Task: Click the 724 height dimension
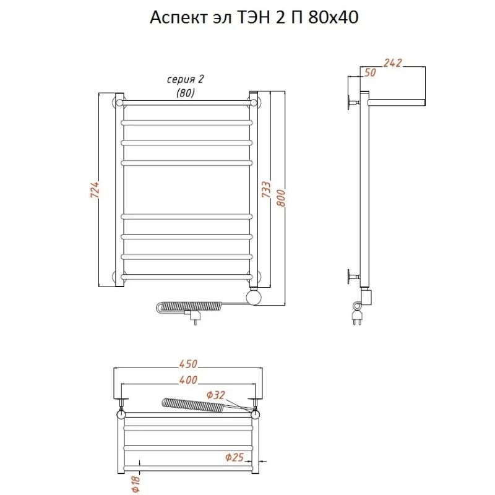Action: (x=95, y=190)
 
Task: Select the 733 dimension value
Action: (x=267, y=189)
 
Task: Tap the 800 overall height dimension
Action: (x=281, y=198)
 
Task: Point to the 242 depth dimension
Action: (x=393, y=63)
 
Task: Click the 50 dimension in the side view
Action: (x=370, y=72)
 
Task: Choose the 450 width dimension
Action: (x=188, y=364)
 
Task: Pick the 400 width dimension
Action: (x=188, y=380)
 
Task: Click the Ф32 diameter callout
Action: (x=216, y=395)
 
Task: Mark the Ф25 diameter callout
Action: (x=235, y=457)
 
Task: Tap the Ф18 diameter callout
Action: (x=136, y=484)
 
